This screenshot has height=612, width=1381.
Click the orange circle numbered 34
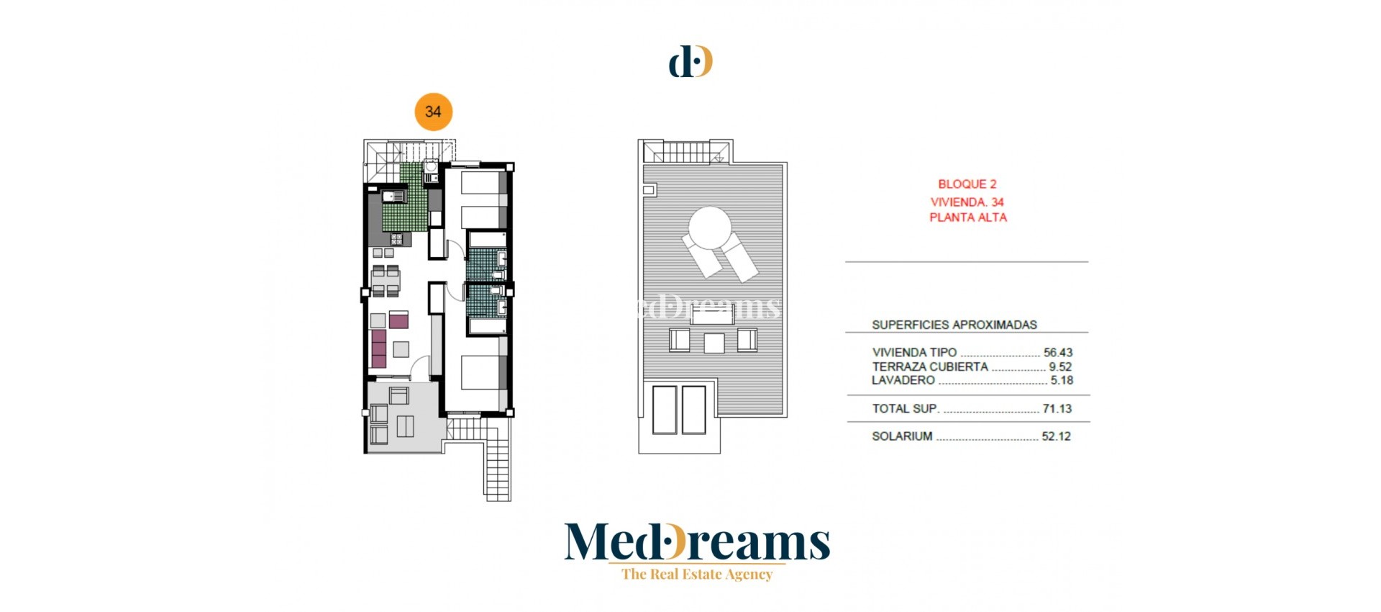(x=433, y=112)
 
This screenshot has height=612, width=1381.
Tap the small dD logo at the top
(x=690, y=61)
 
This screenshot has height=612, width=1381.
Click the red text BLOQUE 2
(x=967, y=184)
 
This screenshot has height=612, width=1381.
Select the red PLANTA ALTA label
(x=967, y=217)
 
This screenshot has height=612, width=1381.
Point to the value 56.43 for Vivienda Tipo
(x=1057, y=353)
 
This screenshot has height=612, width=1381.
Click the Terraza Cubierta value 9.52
(x=1059, y=366)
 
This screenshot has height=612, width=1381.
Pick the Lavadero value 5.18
(x=1061, y=380)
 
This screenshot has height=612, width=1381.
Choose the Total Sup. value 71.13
(x=1057, y=408)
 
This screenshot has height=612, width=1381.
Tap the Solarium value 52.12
(x=1056, y=436)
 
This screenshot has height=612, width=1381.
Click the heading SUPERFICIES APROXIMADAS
(x=954, y=325)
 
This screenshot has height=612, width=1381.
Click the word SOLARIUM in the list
(x=902, y=436)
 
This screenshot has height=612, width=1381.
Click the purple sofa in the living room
(x=379, y=348)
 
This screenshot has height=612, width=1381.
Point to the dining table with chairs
(x=386, y=281)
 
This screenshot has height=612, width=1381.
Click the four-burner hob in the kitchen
(x=397, y=239)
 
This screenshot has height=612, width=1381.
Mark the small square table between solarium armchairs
(x=714, y=343)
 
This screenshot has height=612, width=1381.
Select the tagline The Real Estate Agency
(x=696, y=574)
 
